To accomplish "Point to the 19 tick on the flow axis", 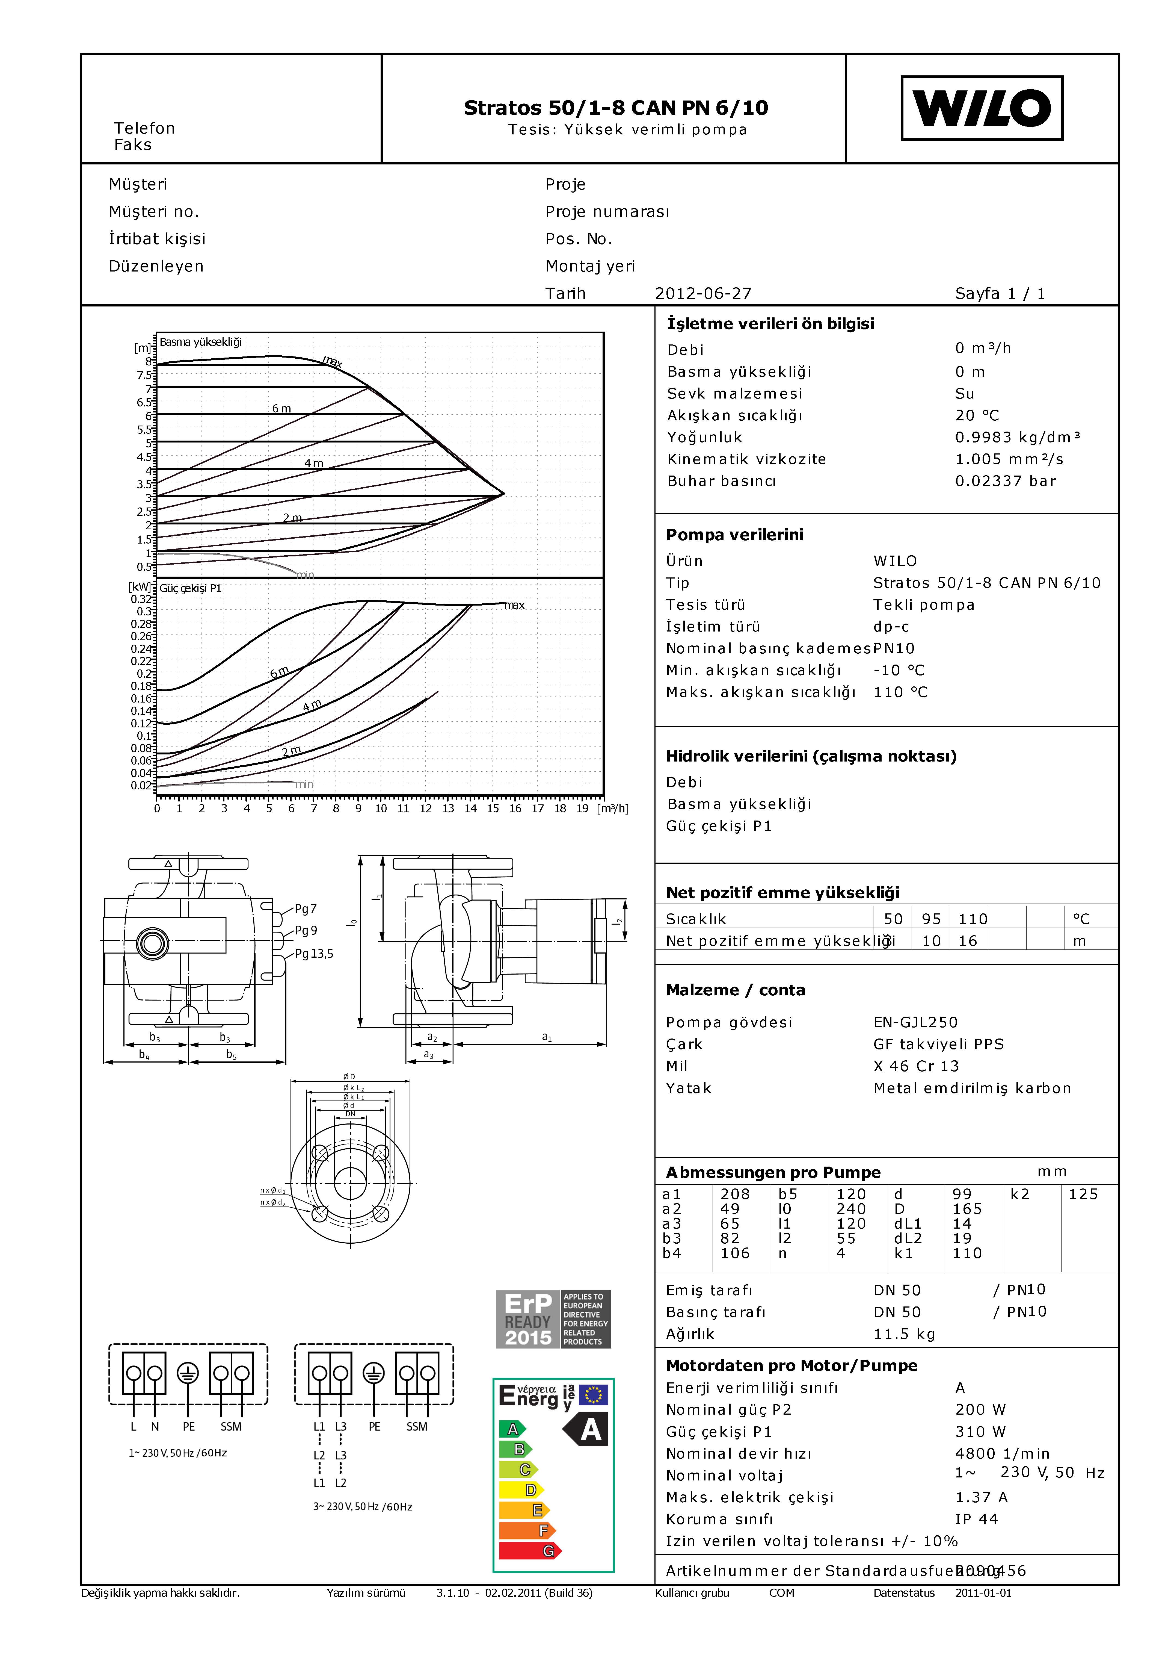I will coord(582,808).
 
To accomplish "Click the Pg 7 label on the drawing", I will coord(306,908).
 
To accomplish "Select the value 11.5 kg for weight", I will coord(904,1334).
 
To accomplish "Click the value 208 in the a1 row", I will coord(735,1194).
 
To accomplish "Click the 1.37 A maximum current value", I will coord(981,1497).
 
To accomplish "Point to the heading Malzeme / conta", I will coord(735,990).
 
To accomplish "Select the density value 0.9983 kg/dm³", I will coord(1017,437).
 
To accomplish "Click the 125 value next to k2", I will coord(1083,1194).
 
